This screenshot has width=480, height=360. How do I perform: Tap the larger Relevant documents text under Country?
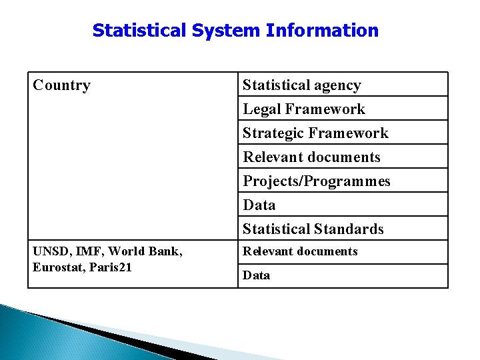coord(311,157)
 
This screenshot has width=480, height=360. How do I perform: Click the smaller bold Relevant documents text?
coord(300,251)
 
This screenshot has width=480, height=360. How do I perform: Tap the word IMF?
coord(90,251)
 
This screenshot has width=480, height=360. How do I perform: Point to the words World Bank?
coord(144,251)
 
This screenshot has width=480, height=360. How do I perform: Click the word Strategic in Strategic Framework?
coord(271,133)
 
